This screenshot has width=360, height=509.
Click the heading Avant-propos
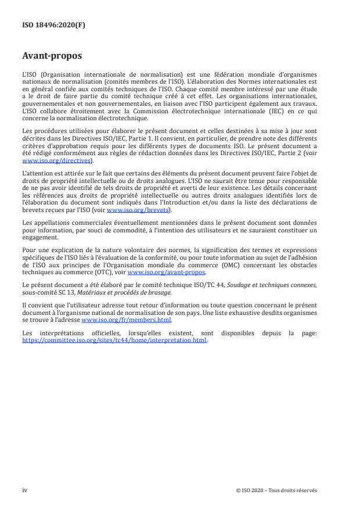tap(52, 57)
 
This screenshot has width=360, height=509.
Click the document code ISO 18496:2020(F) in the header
tap(47, 25)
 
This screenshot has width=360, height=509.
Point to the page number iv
tap(25, 490)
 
